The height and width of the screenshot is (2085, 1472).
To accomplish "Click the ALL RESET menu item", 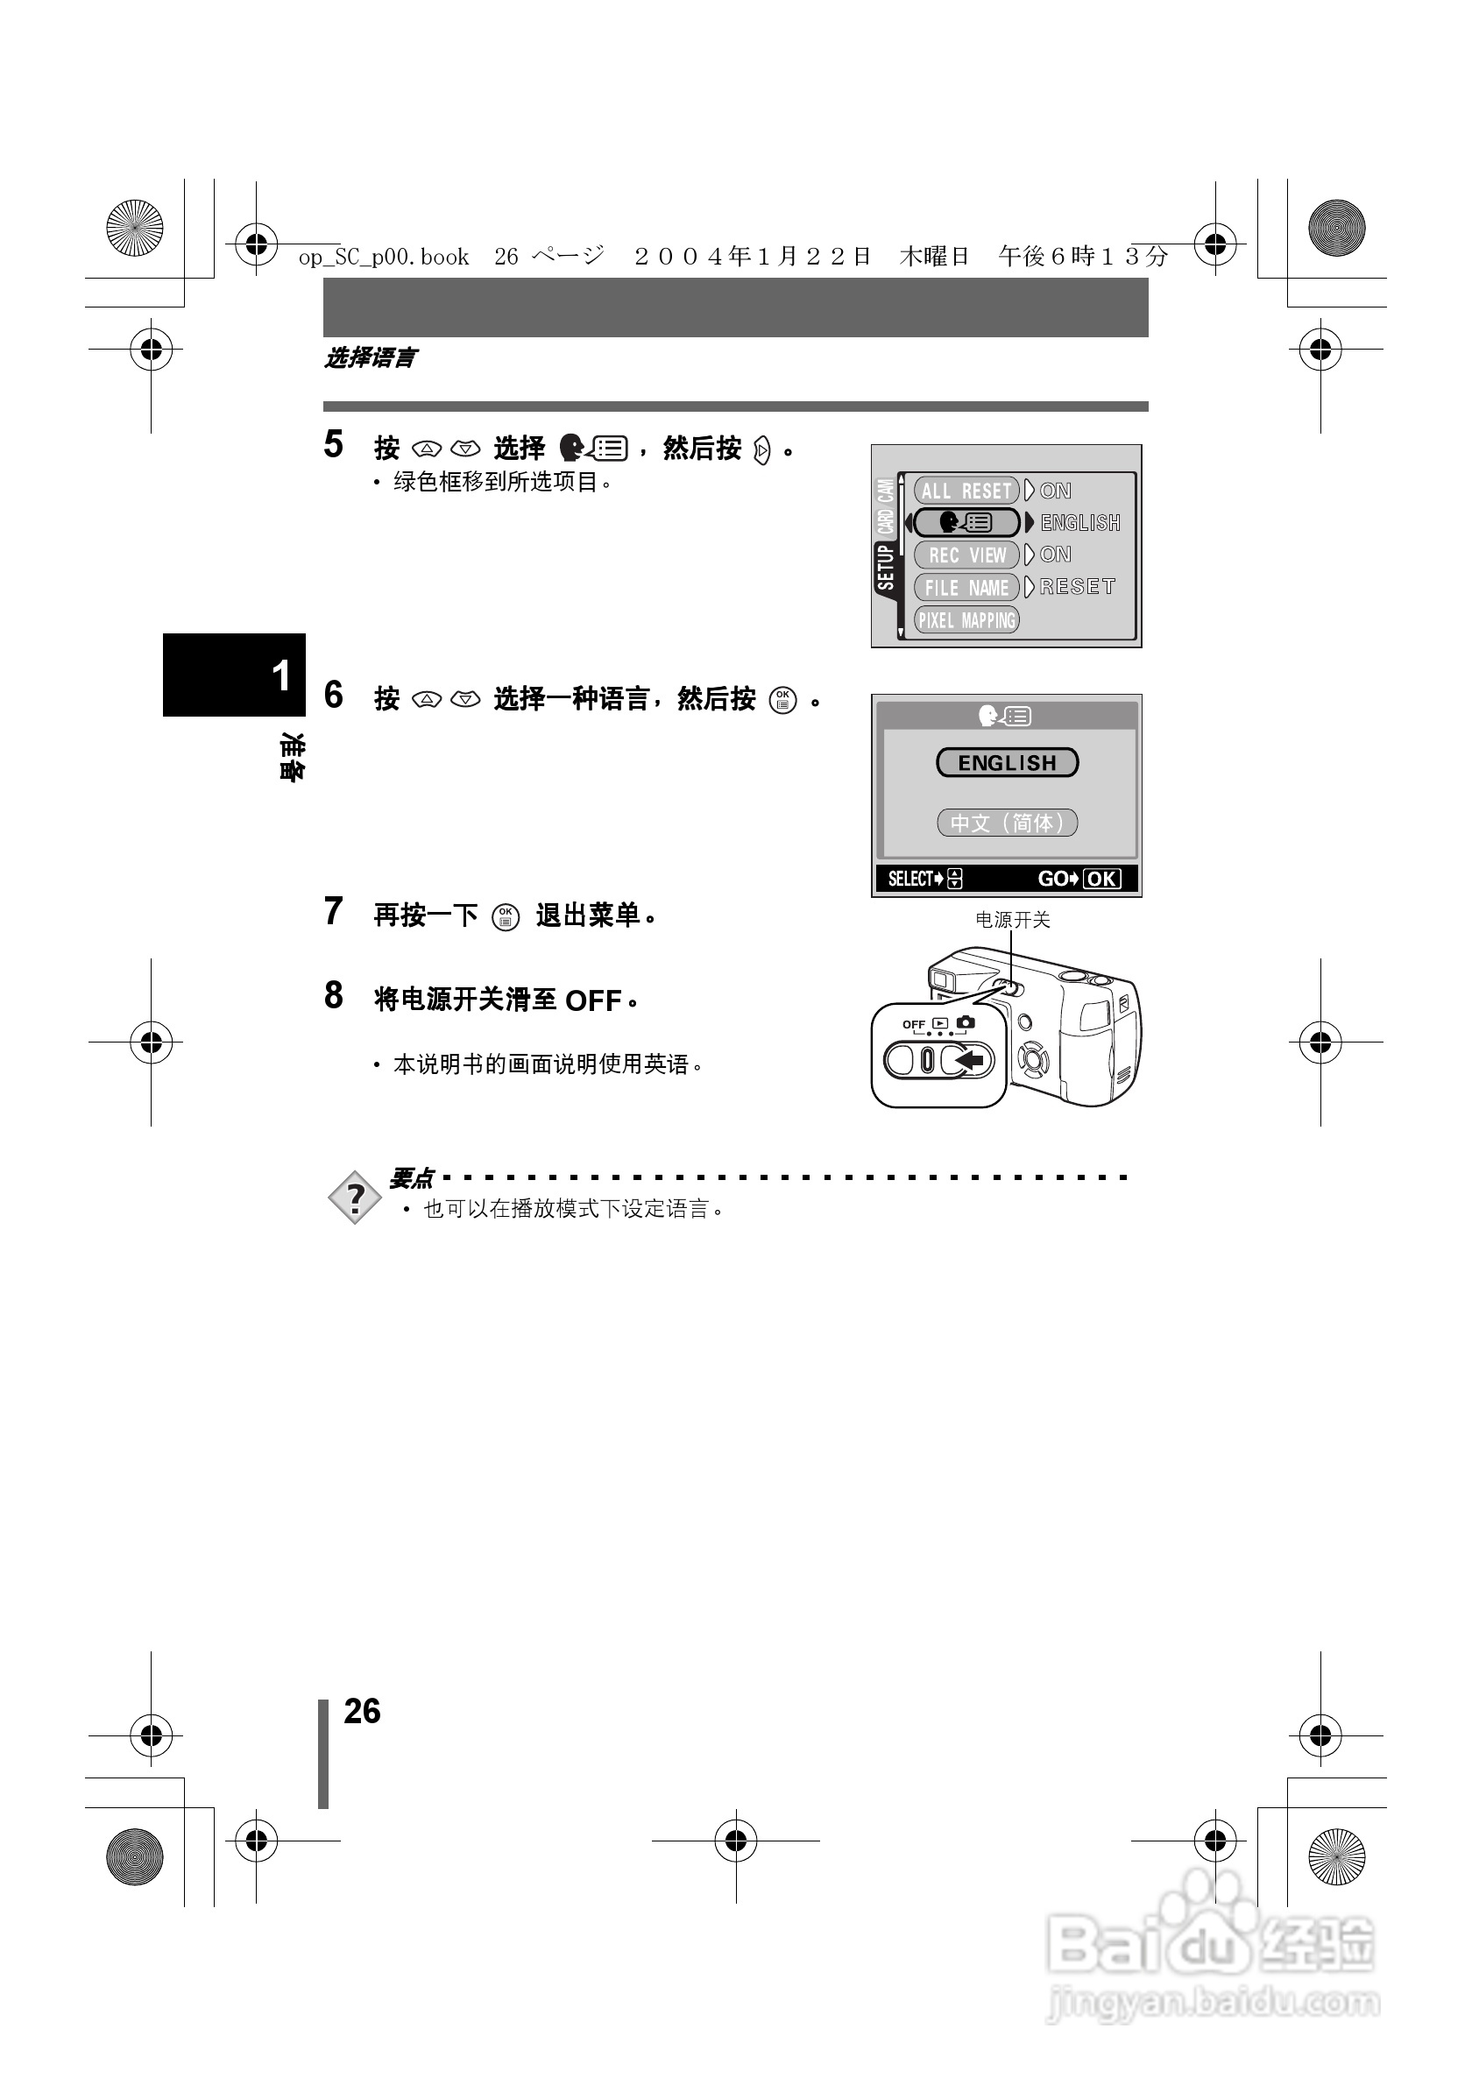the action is tap(966, 491).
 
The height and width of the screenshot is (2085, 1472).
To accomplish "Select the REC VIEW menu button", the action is tap(966, 555).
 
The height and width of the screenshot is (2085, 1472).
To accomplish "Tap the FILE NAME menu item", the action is tap(966, 588).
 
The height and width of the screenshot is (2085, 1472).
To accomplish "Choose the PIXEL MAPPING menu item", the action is tap(966, 620).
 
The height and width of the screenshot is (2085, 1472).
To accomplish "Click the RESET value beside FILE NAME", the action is tap(1077, 587).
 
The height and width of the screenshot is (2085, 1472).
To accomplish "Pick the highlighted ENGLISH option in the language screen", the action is tap(1007, 763).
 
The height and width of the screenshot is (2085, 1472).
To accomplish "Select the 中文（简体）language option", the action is tap(1007, 823).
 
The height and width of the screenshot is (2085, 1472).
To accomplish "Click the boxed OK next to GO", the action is tap(1101, 879).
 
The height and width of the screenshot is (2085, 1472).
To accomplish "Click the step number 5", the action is tap(334, 445).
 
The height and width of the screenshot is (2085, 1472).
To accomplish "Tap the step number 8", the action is tap(334, 996).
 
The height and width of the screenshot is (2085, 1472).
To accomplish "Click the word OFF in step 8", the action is tap(593, 1000).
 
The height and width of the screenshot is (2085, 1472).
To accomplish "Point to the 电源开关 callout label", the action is tap(1013, 920).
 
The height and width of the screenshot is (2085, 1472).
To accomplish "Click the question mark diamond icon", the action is tap(355, 1198).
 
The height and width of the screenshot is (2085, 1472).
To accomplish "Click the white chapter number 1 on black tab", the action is tap(281, 676).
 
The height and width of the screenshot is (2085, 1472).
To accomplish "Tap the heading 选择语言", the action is tap(371, 358).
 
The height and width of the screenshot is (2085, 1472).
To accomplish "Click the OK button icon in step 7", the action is tap(506, 917).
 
